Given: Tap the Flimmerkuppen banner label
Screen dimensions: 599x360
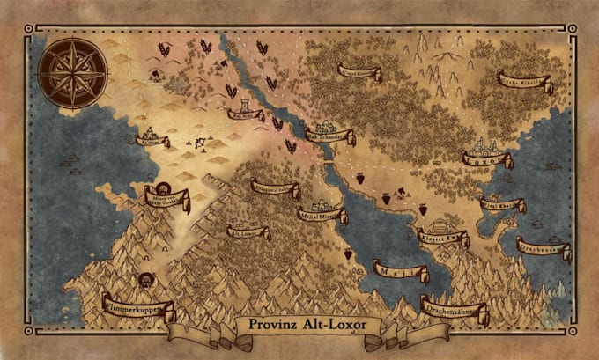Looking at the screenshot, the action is click(x=137, y=307).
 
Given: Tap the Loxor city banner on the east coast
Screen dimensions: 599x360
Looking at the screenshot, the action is click(x=487, y=160).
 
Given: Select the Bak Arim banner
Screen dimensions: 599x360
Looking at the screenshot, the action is click(x=246, y=114).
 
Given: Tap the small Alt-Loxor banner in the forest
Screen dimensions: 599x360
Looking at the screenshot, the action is click(x=248, y=232).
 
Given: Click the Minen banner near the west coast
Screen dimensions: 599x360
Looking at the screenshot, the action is click(x=166, y=196).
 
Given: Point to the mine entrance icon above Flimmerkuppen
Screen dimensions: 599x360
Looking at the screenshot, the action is click(x=143, y=281).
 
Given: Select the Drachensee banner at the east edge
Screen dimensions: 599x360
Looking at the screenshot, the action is click(x=543, y=247).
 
